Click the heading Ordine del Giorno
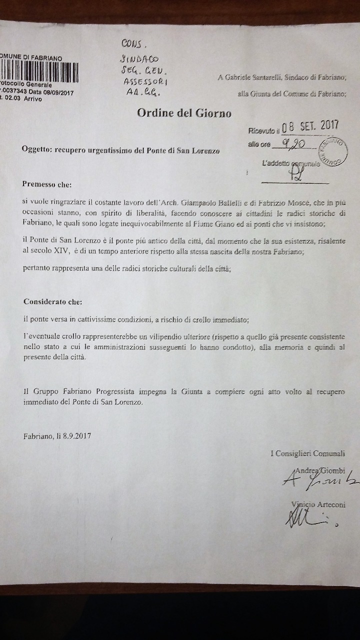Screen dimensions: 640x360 pyautogui.click(x=184, y=113)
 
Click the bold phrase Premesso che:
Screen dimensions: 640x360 pyautogui.click(x=47, y=184)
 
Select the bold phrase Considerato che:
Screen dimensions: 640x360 pyautogui.click(x=52, y=302)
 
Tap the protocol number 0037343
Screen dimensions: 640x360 pyautogui.click(x=14, y=92)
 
